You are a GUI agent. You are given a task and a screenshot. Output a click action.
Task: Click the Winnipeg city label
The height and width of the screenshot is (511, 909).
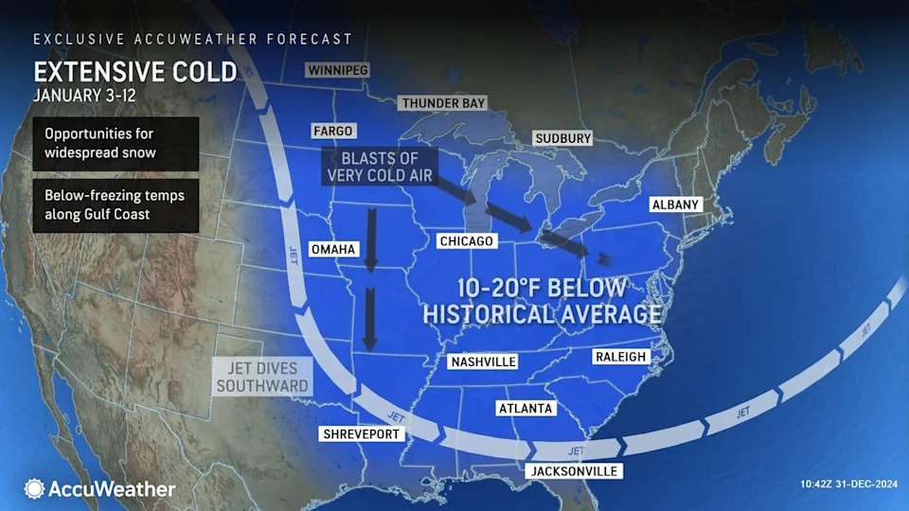(336, 70)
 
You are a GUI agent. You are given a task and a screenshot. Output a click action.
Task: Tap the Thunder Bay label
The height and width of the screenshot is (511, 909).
(442, 103)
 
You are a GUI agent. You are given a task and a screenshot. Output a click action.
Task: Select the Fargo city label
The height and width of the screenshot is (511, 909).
(332, 131)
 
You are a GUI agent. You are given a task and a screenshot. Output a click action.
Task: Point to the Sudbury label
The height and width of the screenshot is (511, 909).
(562, 138)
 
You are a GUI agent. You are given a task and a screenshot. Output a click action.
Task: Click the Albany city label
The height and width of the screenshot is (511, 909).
(675, 204)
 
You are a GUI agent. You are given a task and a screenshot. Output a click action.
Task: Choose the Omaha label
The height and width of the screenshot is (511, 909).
(331, 249)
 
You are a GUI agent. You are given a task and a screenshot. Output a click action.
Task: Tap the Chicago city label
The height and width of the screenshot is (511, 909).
(467, 241)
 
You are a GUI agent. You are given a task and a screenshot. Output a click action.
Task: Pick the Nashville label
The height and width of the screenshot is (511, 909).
(483, 361)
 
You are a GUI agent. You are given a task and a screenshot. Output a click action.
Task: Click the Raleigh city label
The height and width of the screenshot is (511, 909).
(620, 356)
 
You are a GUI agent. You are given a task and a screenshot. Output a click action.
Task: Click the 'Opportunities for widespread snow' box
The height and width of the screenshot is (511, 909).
(116, 144)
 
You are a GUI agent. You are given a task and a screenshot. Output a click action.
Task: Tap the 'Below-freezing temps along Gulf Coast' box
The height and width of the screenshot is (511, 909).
(116, 205)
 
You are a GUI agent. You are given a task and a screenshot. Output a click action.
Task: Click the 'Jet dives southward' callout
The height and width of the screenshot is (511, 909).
(262, 377)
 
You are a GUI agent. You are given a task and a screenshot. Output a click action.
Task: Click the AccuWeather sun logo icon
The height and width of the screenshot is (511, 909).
(34, 488)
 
